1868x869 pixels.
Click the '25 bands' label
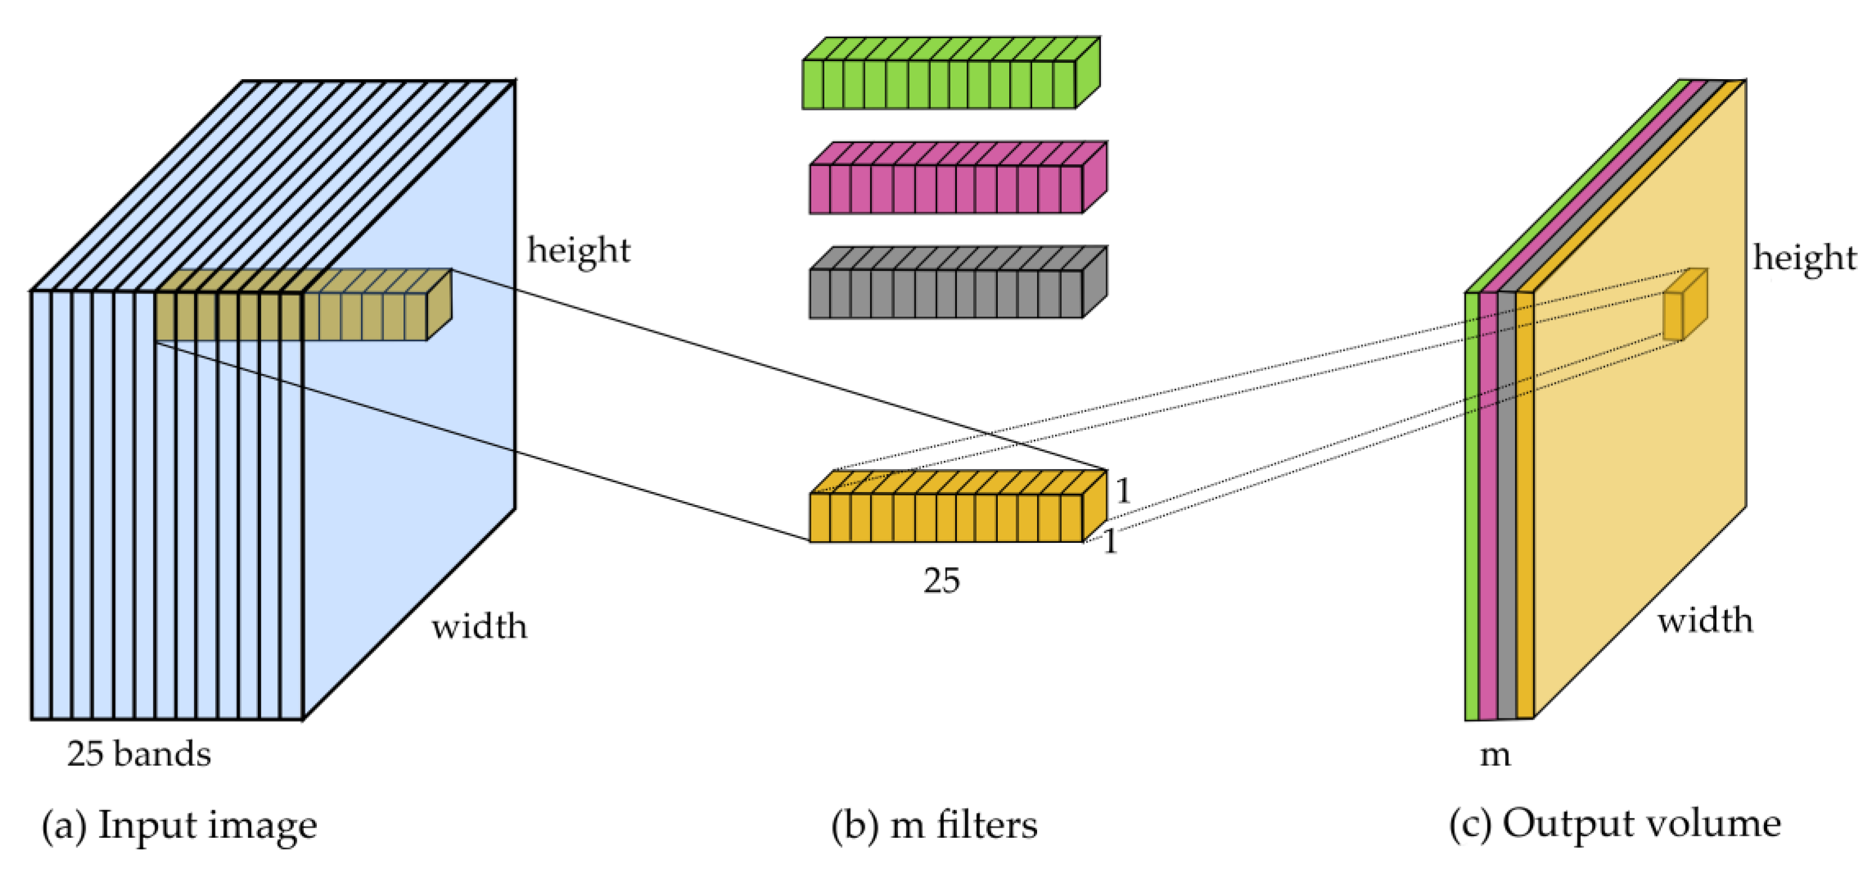coord(139,754)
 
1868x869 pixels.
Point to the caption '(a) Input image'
coord(179,825)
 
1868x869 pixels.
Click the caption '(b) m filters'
coord(934,825)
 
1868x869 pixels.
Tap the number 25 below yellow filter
coord(941,580)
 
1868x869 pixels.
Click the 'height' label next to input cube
coord(579,250)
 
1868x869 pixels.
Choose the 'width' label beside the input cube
coord(479,626)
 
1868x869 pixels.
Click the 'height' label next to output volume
coord(1805,258)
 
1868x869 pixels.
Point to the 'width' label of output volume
coord(1706,621)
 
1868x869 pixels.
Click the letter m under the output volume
coord(1495,755)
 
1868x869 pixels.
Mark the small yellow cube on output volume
coord(1684,308)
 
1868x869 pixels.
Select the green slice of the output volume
coord(1472,508)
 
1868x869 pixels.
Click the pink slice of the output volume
coord(1488,508)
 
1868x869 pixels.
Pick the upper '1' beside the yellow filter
coord(1123,491)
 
